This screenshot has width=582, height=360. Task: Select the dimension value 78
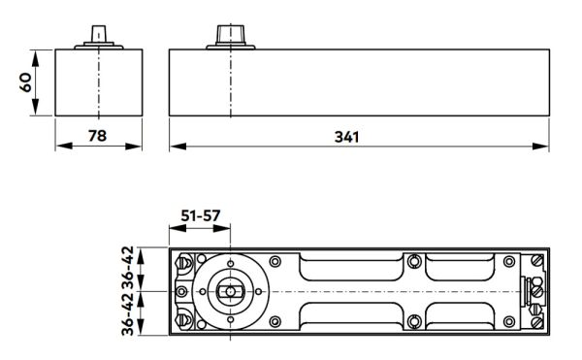pos(97,137)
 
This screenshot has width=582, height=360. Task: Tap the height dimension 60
pos(27,82)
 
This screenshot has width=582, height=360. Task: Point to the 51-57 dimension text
pos(200,215)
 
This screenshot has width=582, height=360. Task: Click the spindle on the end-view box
pos(97,35)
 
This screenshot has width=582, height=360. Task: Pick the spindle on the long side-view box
pos(231,35)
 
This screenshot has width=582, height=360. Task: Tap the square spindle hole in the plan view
pos(231,291)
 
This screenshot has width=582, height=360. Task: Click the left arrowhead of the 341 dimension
pos(175,147)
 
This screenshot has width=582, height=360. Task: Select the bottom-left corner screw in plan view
pos(183,321)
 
